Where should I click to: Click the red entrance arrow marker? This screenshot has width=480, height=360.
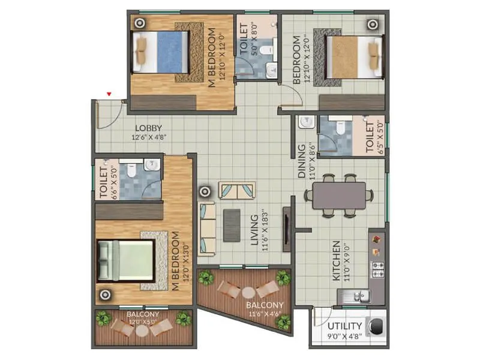(109, 94)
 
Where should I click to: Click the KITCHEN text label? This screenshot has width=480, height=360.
(337, 261)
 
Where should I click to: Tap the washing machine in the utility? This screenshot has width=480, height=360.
(376, 327)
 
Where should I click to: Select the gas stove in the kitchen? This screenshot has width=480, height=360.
(379, 269)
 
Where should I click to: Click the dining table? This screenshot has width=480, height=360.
(339, 195)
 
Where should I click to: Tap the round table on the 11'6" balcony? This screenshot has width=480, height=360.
(248, 293)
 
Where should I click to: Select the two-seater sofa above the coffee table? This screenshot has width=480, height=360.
(237, 191)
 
